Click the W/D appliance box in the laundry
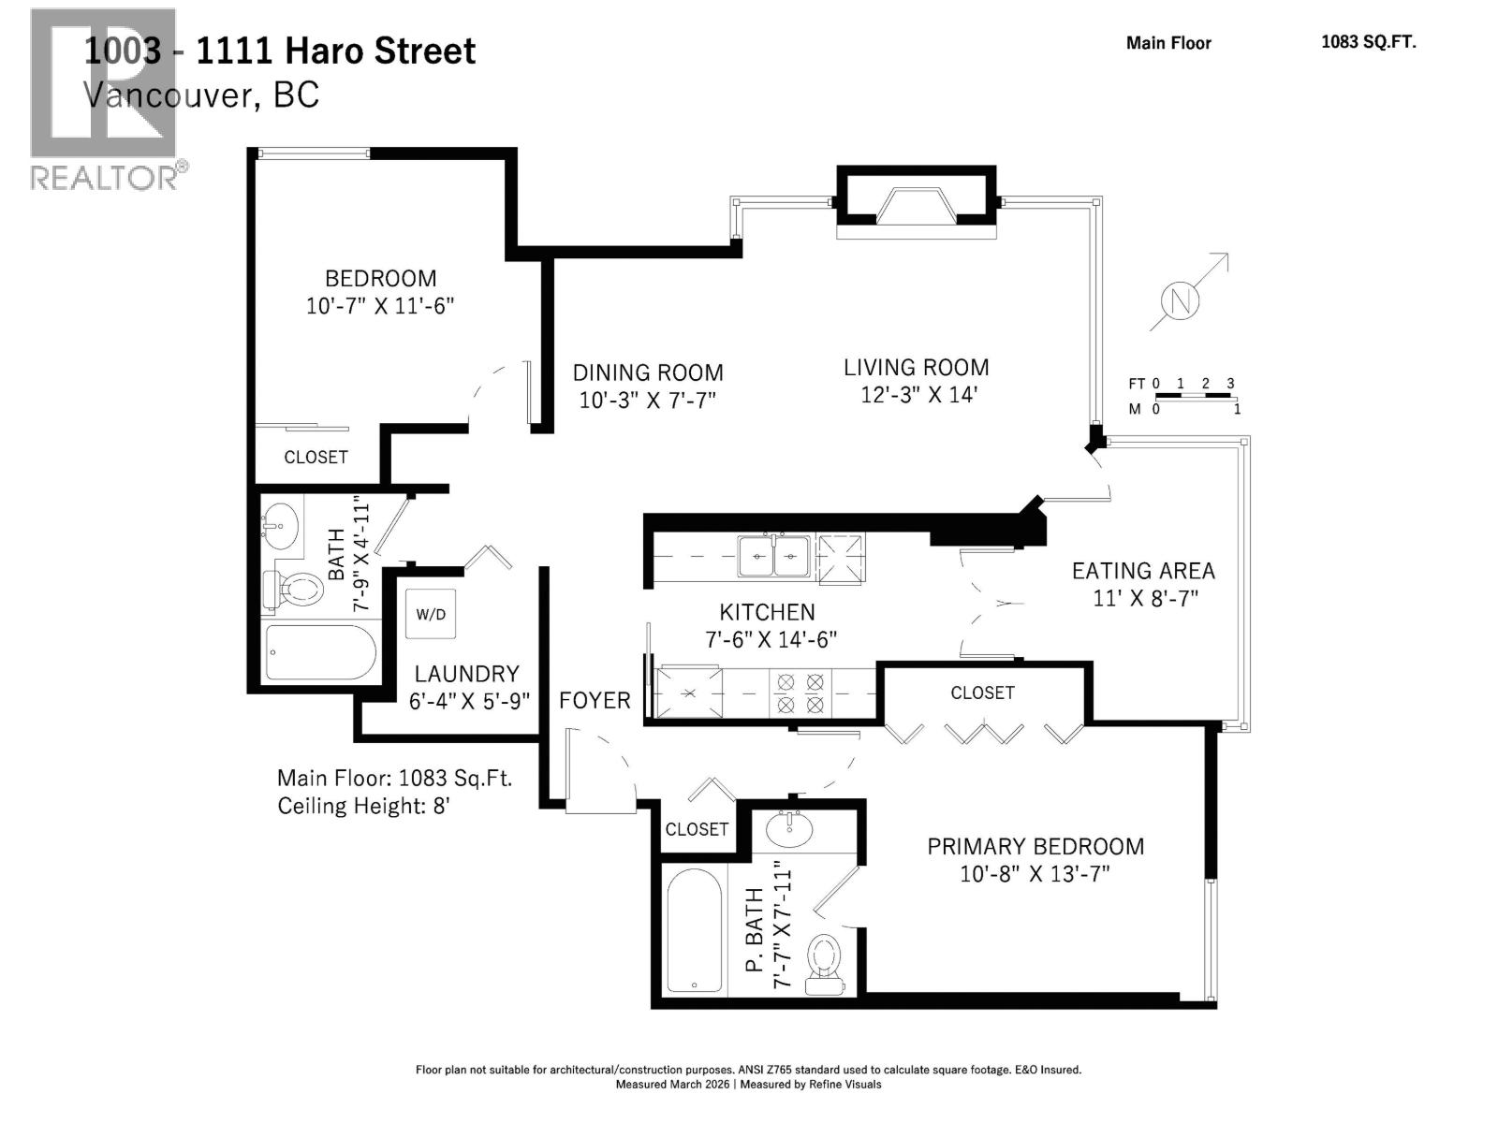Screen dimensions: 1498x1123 pos(431,614)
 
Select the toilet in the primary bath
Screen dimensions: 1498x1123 pos(825,964)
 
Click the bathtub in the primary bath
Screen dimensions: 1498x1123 pos(694,930)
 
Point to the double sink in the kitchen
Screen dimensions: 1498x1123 pos(773,557)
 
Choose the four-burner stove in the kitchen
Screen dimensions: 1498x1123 pos(800,693)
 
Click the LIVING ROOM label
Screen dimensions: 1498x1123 pos(916,368)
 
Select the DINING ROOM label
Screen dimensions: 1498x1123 pos(648,372)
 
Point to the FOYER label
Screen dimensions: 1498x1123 pos(595,700)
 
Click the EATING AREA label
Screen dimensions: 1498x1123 pos(1143,571)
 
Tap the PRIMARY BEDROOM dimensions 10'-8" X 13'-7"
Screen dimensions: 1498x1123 pos(1035,873)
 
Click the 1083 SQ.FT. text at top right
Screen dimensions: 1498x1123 pos(1369,41)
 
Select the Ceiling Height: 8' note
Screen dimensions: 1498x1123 pos(364,806)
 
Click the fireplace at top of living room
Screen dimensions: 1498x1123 pos(916,202)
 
